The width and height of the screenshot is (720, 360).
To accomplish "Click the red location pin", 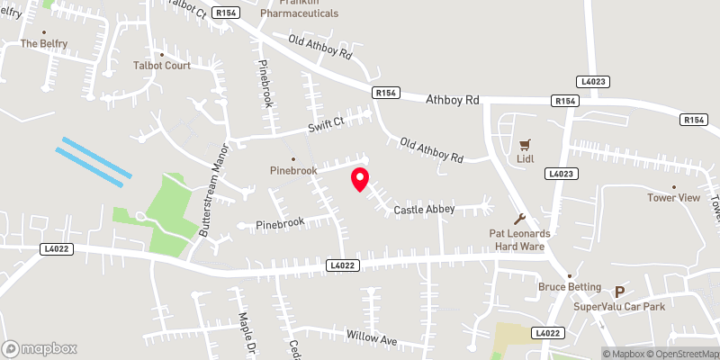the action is [x=359, y=179].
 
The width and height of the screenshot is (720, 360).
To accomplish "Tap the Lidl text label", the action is [x=526, y=159].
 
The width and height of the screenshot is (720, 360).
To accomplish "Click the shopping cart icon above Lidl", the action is [x=526, y=143].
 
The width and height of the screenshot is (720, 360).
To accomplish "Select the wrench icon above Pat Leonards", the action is [x=519, y=218].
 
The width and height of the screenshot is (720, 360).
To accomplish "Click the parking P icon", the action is [x=618, y=292].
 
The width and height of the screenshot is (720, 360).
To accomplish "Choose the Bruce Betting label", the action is [x=570, y=287].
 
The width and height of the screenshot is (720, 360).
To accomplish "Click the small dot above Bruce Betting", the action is [x=569, y=274].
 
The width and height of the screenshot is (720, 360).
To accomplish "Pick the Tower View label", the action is [x=673, y=198].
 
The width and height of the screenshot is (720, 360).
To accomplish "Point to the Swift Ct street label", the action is [x=326, y=122].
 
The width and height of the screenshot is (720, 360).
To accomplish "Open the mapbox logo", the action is [x=40, y=348].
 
